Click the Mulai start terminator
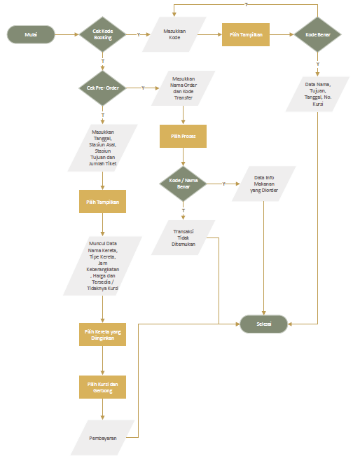point(31,34)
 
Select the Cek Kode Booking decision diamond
point(103,34)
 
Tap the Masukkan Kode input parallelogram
point(175,34)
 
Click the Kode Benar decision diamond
point(317,34)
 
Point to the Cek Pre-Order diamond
point(103,88)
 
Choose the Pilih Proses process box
point(183,136)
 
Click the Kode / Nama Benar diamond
point(183,184)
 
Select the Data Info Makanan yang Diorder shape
point(264,184)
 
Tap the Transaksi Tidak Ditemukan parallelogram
point(183,238)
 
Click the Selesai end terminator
point(264,324)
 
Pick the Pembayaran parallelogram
point(103,438)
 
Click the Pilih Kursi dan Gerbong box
point(103,387)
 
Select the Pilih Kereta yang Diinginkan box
point(103,335)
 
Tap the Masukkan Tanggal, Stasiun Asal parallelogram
point(103,148)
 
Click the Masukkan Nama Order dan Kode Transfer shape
point(183,88)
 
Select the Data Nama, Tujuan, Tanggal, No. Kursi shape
point(317,94)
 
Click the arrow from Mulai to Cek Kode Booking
point(66,34)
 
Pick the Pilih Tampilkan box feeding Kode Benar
point(246,34)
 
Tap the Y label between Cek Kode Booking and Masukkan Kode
point(138,34)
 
